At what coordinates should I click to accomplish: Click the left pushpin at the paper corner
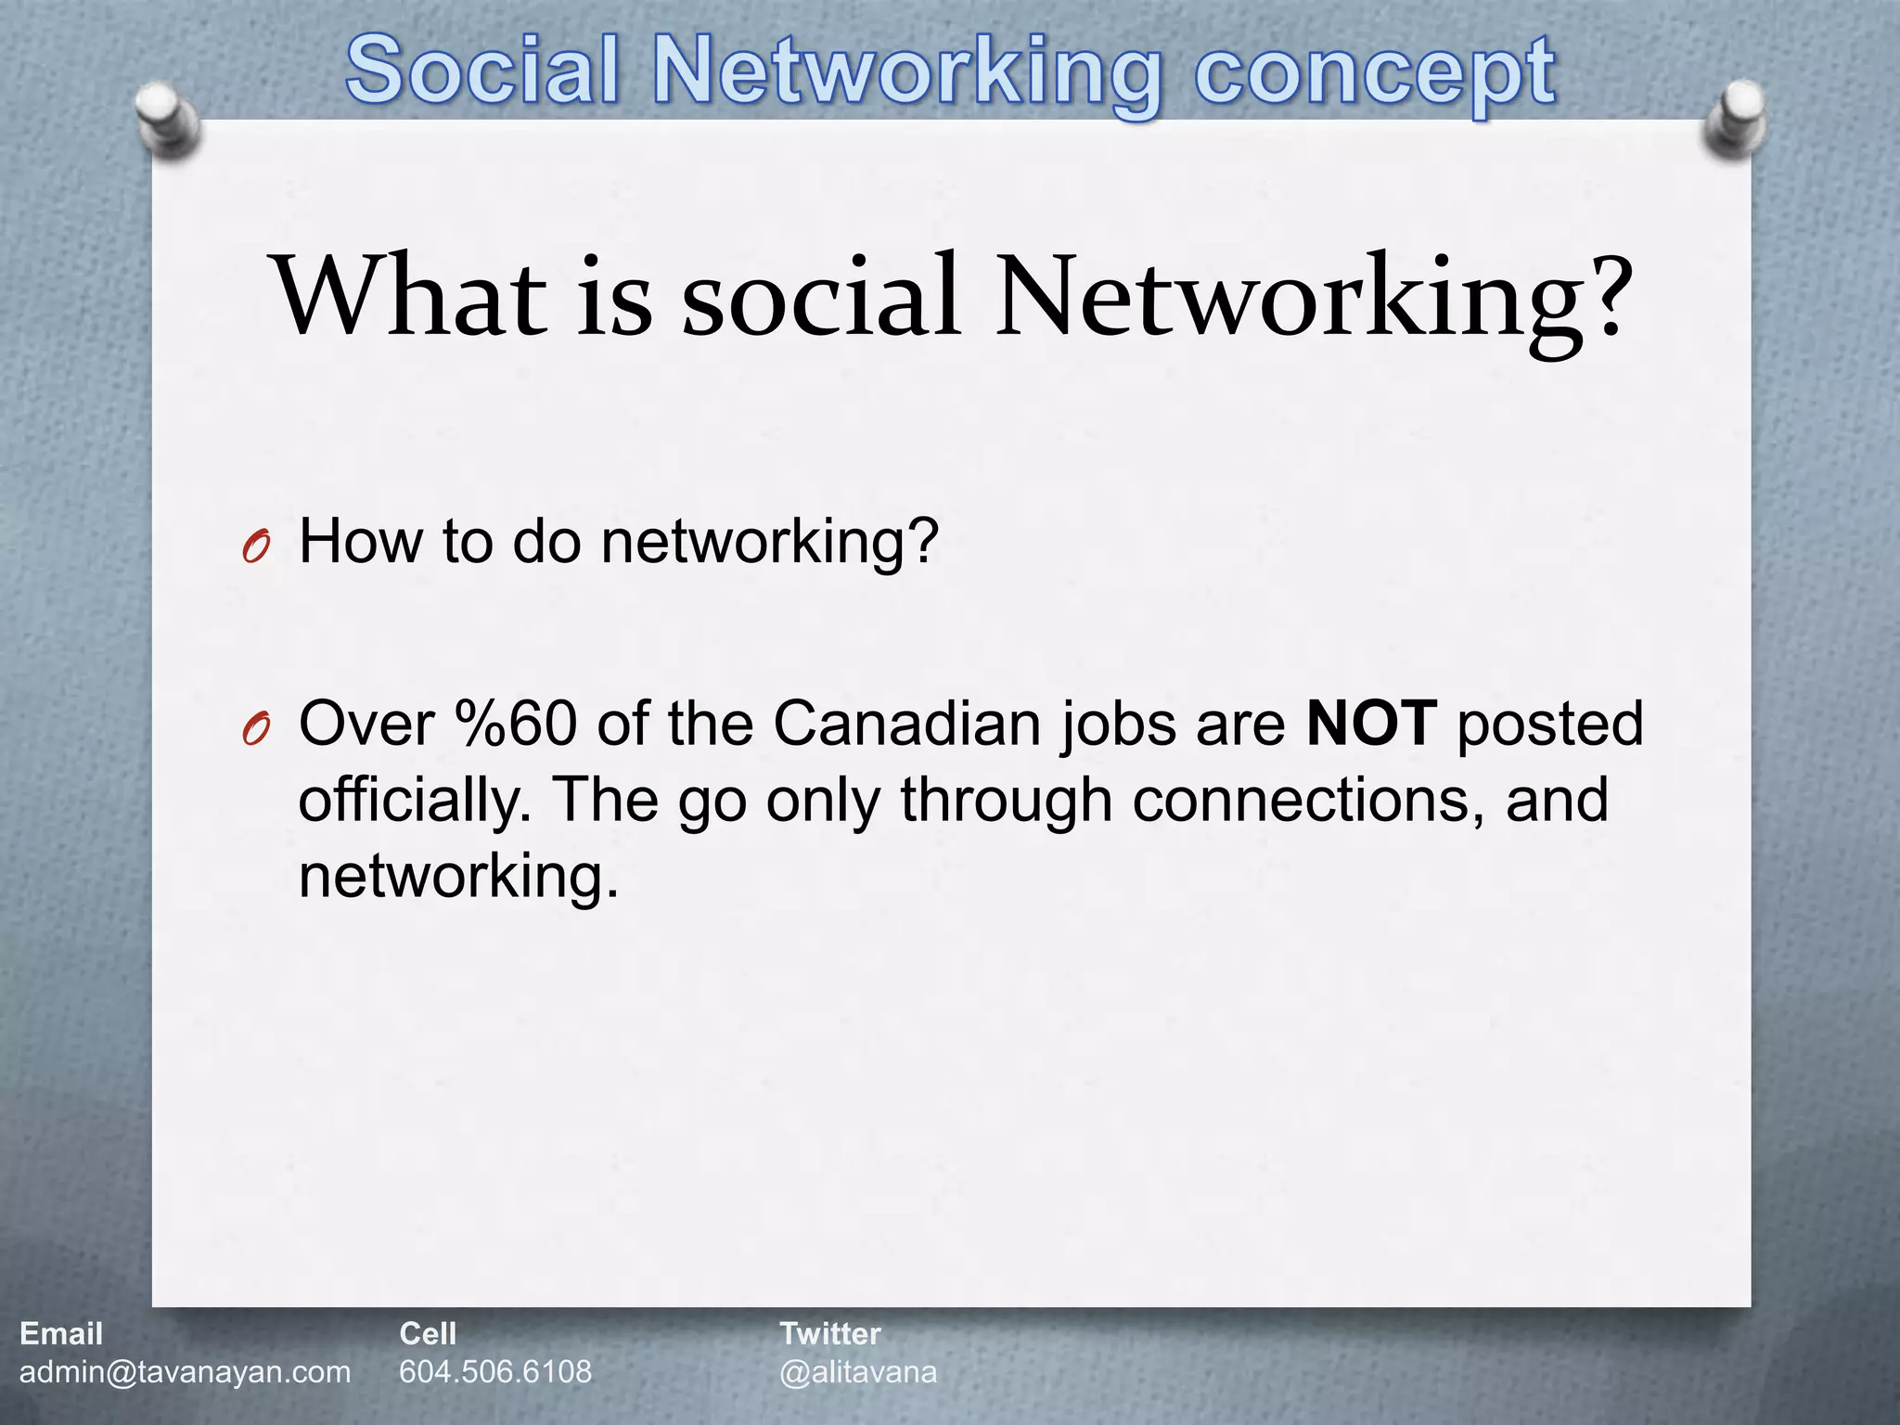168,122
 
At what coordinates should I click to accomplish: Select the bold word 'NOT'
1371,725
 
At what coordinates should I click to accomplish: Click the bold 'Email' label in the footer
61,1334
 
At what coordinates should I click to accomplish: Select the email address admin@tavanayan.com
185,1372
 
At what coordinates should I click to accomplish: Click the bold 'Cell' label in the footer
428,1334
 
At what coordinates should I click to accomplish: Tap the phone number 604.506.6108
495,1372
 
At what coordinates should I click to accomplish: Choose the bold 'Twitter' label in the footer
829,1334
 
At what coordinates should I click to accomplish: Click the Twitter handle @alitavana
858,1372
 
